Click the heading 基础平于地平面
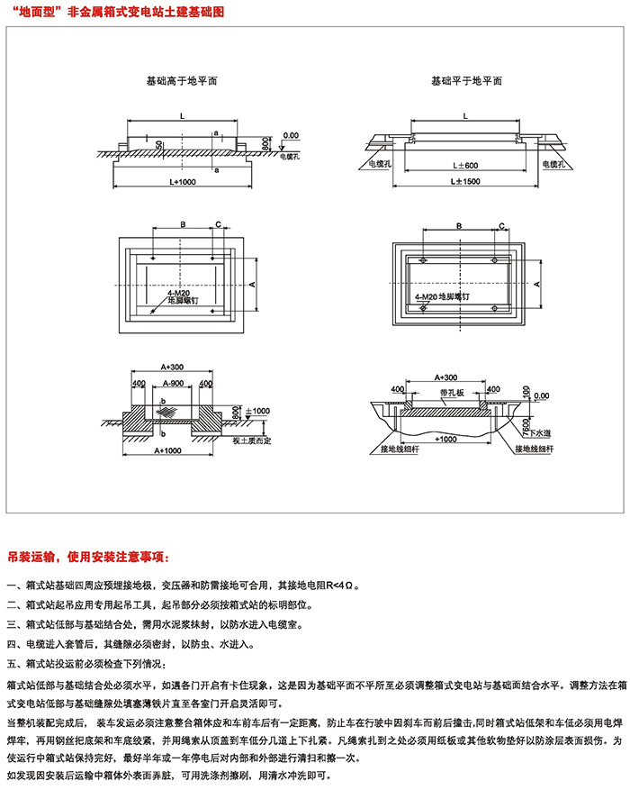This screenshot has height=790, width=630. pyautogui.click(x=465, y=80)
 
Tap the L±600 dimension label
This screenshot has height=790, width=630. pyautogui.click(x=465, y=165)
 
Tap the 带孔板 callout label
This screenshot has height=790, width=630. pyautogui.click(x=452, y=393)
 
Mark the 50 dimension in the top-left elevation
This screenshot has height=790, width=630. pyautogui.click(x=159, y=145)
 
